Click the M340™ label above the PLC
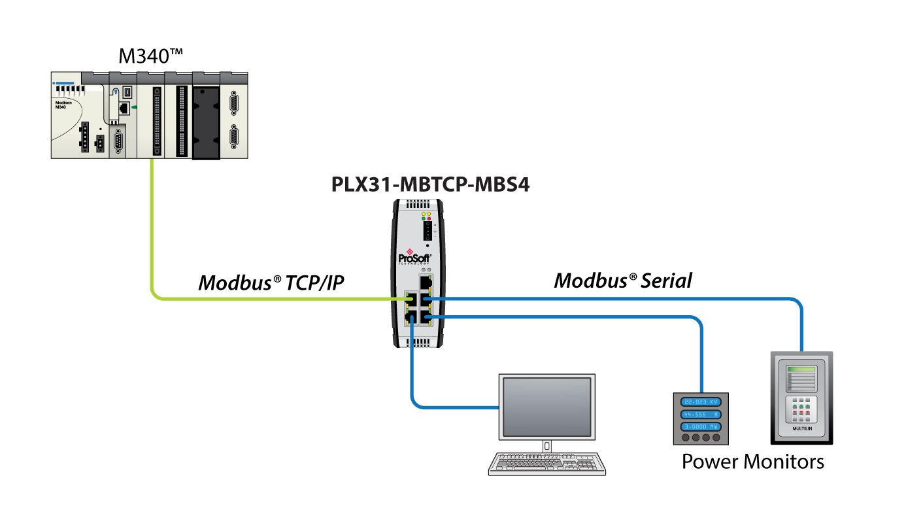[149, 56]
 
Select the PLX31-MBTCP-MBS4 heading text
[430, 185]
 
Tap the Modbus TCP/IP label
[271, 283]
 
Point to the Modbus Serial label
[622, 281]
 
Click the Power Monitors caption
[752, 462]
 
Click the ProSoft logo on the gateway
[415, 256]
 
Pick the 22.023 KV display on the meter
[701, 402]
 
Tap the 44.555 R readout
[701, 415]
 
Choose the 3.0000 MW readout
[701, 426]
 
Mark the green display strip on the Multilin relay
[802, 370]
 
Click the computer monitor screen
[547, 406]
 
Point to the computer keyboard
[547, 462]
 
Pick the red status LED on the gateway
[429, 219]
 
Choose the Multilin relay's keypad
[802, 409]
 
